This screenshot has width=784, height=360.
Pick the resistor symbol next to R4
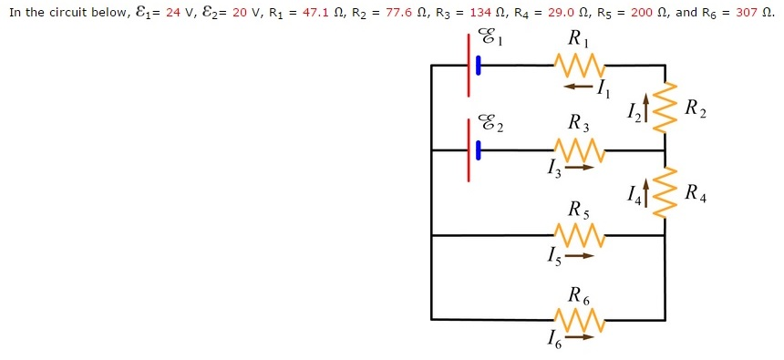665,192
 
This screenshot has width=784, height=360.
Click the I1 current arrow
577,87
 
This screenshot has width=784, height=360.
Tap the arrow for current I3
579,168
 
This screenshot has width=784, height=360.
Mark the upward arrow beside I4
647,193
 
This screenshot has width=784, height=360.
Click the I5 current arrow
579,255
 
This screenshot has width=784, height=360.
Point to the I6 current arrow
579,337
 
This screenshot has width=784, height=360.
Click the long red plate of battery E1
469,65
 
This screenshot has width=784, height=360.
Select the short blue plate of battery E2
478,149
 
